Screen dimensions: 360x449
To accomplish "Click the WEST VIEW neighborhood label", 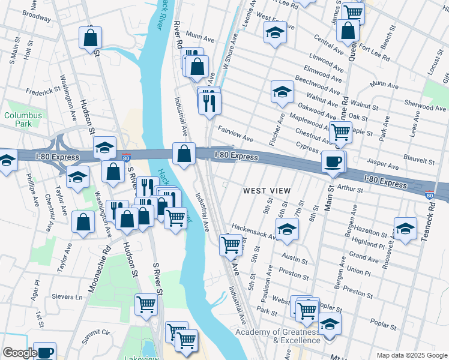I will coord(267,191).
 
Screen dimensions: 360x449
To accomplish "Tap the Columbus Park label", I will coord(23,119).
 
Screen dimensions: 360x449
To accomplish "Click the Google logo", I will coord(19,353).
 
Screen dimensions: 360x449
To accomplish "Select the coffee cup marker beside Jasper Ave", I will coord(333,162).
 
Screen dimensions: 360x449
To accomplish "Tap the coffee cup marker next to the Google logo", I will coord(44,352).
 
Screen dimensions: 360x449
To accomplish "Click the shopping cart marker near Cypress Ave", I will coord(341,132).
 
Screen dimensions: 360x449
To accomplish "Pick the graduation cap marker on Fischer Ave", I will coord(282,92).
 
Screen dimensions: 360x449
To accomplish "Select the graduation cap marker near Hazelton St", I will coord(405,229).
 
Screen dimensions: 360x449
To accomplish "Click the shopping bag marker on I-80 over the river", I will coord(184,154).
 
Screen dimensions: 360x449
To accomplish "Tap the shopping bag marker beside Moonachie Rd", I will coord(83,222).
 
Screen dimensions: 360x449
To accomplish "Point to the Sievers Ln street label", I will coord(67,297).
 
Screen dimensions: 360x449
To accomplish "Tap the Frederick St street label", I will coord(43,92).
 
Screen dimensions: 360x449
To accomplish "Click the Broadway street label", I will coord(36,18).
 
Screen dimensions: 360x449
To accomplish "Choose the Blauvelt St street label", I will coord(420,161).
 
